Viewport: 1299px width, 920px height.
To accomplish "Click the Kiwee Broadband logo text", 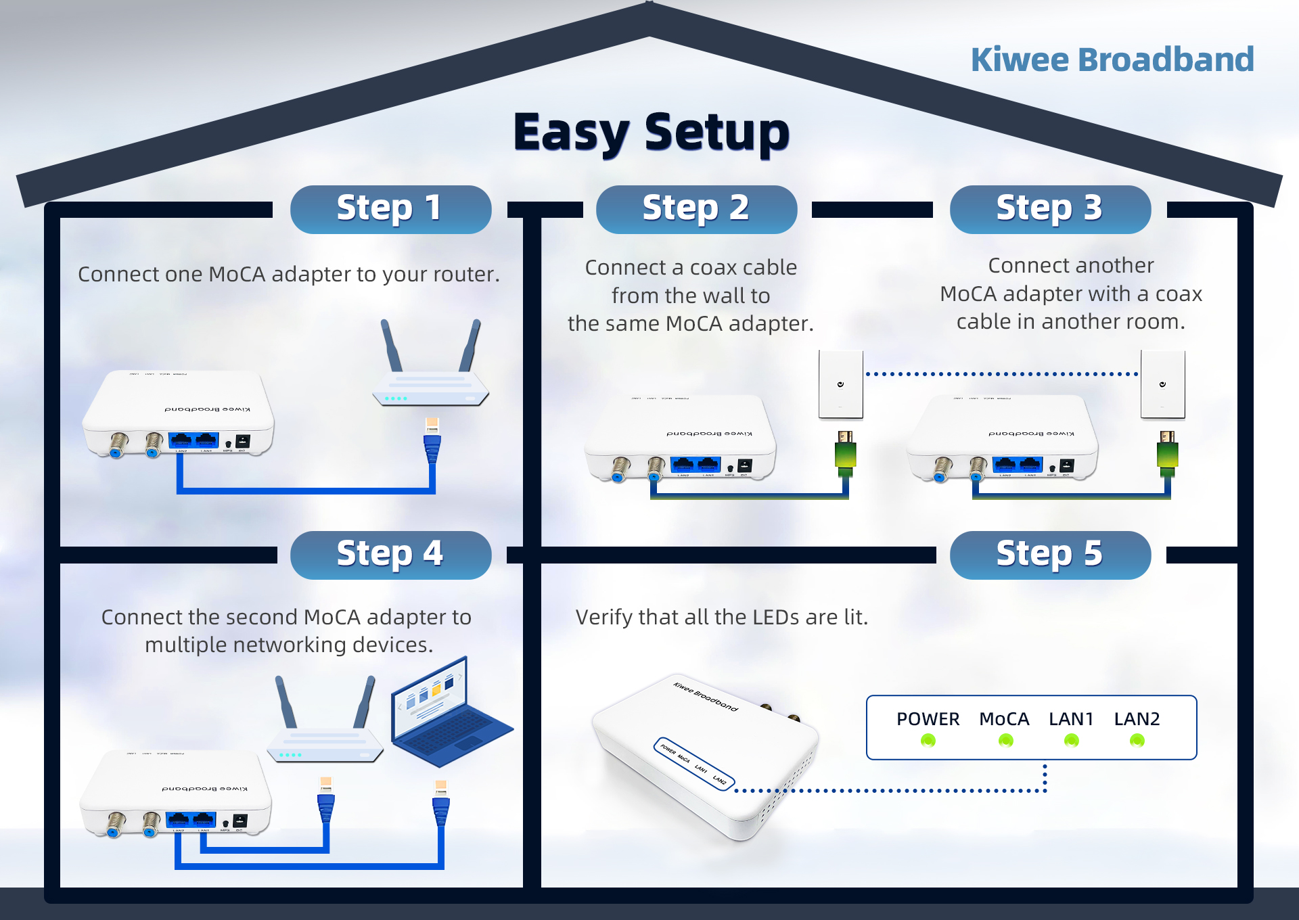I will point(1112,60).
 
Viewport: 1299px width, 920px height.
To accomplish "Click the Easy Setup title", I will point(651,132).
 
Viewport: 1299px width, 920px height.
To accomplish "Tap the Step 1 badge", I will point(390,209).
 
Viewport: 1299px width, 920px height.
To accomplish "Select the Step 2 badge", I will point(696,209).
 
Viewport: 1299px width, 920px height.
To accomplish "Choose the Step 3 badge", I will point(1050,209).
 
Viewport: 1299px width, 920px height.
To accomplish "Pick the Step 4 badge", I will point(390,555).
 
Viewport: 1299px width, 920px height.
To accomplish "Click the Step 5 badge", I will point(1050,555).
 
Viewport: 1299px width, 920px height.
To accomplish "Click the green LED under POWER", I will point(928,741).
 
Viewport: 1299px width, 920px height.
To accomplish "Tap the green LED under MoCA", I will point(1006,741).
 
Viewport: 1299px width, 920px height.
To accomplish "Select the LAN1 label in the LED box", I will point(1071,719).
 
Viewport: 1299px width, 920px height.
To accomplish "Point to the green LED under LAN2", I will point(1137,741).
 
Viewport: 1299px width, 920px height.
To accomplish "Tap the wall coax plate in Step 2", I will point(840,384).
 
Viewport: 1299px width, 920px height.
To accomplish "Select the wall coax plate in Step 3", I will point(1162,384).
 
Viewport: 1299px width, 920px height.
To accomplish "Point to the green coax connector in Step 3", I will point(1168,452).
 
